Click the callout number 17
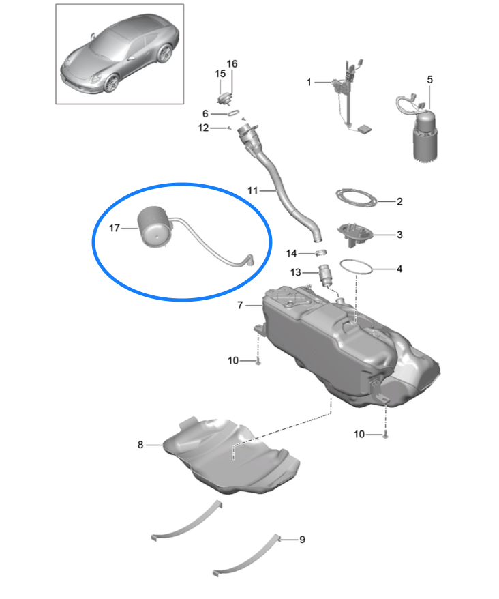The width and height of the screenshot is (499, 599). [x=113, y=229]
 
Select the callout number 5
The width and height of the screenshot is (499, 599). [x=429, y=80]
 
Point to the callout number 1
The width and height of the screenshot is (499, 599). [x=309, y=82]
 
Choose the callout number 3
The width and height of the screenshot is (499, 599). [x=399, y=235]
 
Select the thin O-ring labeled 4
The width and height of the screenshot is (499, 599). [x=357, y=267]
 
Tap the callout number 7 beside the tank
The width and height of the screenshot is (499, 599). [x=240, y=306]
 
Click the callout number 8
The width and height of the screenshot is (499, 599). [x=140, y=445]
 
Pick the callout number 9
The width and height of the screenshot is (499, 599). [x=302, y=540]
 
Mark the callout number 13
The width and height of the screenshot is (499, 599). [x=296, y=272]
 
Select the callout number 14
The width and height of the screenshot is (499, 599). [x=292, y=253]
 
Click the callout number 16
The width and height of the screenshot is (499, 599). [x=232, y=64]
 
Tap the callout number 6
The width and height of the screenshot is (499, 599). [x=205, y=113]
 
